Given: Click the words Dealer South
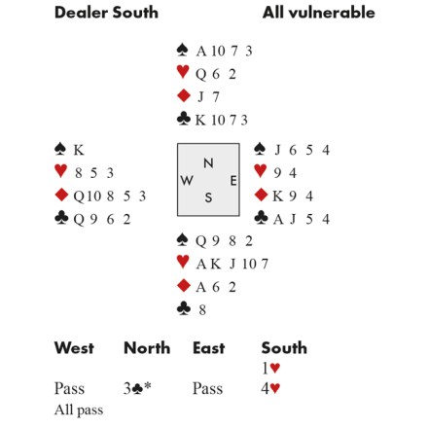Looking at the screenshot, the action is coord(106,13).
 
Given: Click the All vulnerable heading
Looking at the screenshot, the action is coord(319,13).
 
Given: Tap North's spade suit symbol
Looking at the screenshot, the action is coord(183,50).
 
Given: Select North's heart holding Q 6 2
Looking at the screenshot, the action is coord(216,74).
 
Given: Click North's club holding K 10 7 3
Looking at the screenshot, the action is coord(222,120).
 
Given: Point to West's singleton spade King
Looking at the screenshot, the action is coord(79,150).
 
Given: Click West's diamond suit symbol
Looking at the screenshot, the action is coord(61,195).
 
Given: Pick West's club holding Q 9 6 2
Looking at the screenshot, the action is coord(102,219).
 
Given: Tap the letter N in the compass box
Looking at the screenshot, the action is coord(208,163).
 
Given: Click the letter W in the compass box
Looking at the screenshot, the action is coord(187,180).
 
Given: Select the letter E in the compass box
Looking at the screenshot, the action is coord(233,181).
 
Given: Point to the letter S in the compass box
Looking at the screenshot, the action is coord(208,197).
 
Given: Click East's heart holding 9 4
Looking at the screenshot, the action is coord(285,173).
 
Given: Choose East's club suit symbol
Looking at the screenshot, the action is coord(261,218).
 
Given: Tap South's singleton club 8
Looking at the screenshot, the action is coord(202,310).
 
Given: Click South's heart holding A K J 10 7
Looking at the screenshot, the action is coord(232,264).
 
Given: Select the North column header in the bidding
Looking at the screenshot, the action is coord(147,348).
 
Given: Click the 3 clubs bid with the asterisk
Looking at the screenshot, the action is coord(137,388).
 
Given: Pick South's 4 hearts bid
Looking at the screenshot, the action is coord(270,388).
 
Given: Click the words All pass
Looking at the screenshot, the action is coord(79,410).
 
